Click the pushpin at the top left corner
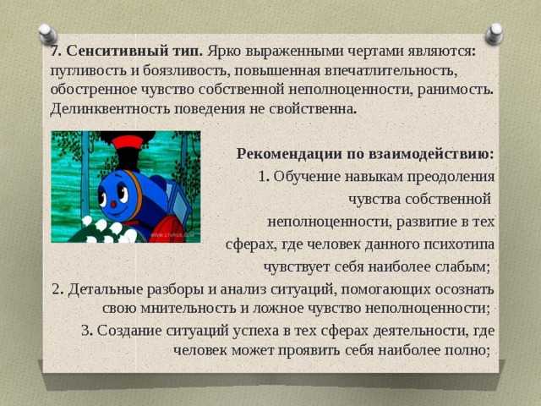(x=47, y=34)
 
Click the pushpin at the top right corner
(x=494, y=34)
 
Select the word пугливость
(x=88, y=71)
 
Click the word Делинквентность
(x=110, y=109)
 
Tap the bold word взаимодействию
(x=431, y=154)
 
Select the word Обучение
(x=307, y=177)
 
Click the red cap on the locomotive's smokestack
(x=128, y=142)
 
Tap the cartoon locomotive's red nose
(x=113, y=204)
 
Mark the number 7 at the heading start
(x=54, y=52)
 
